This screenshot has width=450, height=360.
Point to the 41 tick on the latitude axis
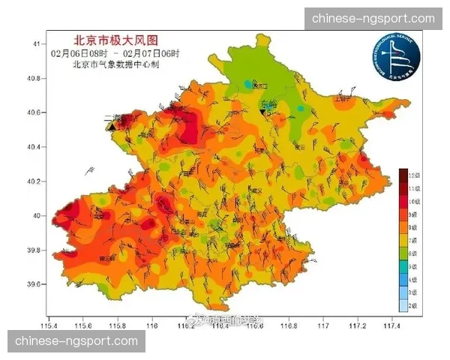click(35, 44)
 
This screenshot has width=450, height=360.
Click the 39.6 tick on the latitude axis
click(34, 284)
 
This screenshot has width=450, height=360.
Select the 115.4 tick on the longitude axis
click(50, 325)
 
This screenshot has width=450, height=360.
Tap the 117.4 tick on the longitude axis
click(391, 325)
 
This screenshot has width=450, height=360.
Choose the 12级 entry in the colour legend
click(410, 174)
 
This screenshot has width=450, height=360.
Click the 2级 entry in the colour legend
click(410, 306)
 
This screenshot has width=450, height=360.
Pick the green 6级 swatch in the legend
click(403, 253)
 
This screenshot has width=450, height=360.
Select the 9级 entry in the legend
click(410, 214)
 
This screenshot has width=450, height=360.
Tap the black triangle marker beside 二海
click(112, 127)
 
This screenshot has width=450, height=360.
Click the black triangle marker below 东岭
click(263, 112)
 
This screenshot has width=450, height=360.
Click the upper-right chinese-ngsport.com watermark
click(373, 18)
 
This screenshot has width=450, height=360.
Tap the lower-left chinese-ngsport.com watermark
click(77, 341)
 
